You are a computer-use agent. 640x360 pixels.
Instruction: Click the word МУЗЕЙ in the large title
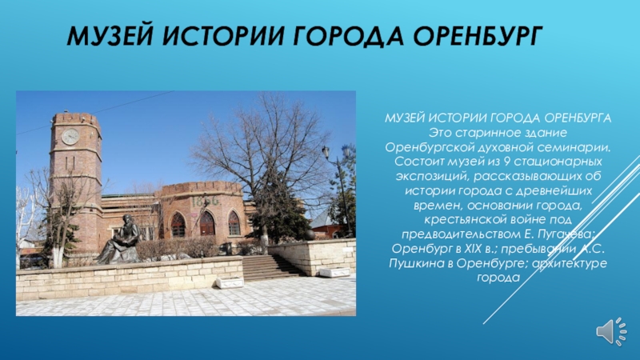110,35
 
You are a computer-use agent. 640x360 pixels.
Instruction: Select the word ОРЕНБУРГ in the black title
478,35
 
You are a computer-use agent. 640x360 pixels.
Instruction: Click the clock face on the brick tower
70,136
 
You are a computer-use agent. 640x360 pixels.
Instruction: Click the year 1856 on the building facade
206,202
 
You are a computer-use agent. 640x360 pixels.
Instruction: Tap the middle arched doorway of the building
207,223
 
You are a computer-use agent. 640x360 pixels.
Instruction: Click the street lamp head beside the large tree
326,152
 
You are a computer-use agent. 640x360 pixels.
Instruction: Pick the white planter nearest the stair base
230,282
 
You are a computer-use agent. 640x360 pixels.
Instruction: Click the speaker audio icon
611,331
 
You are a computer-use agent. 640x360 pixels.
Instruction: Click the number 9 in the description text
506,162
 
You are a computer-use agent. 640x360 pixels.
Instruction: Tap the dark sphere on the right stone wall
309,234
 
